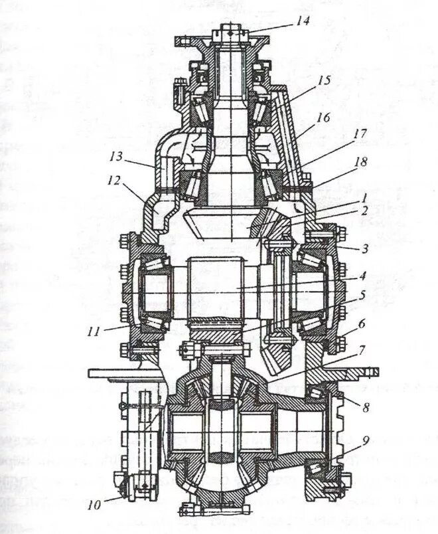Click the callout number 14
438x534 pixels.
tap(303, 21)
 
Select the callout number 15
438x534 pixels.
tap(323, 80)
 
